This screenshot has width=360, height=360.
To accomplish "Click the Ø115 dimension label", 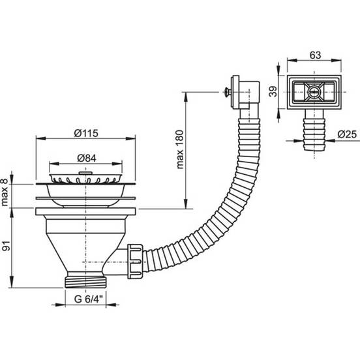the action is (86, 133).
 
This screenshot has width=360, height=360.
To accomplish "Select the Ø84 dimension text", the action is (87, 158).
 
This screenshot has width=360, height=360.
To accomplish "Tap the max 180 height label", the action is (180, 149).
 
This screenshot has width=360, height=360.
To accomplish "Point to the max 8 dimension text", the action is (5, 192).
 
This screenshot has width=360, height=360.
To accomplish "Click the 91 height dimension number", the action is (7, 246).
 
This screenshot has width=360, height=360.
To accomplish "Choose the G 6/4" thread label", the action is (89, 299).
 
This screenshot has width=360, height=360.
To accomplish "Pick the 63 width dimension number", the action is (315, 55).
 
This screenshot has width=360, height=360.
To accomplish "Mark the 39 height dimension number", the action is (273, 91).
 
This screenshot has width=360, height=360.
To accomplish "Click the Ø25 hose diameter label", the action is (347, 134).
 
